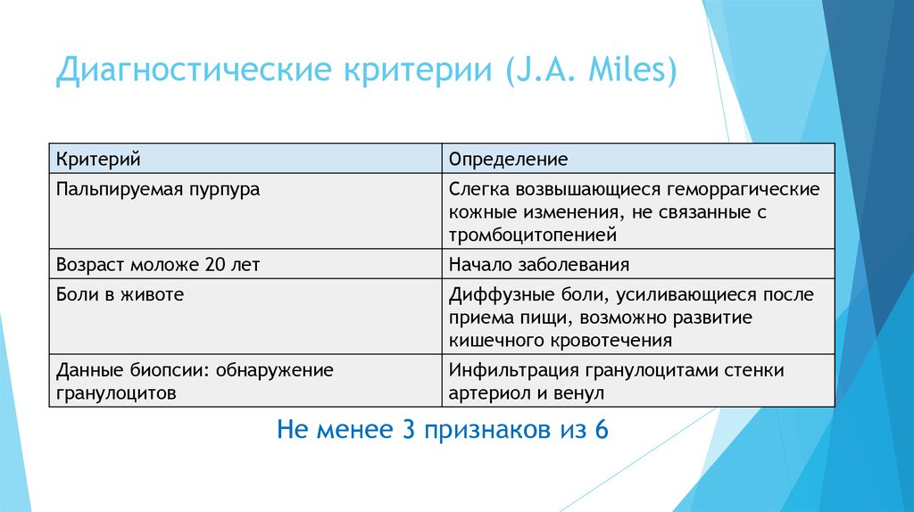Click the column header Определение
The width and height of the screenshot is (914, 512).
(508, 160)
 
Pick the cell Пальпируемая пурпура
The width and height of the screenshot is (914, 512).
(158, 190)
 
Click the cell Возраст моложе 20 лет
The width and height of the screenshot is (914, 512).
(158, 265)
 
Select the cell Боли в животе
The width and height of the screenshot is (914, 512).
(120, 293)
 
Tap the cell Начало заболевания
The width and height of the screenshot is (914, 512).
(539, 265)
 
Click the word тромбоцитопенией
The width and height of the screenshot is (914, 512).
(532, 236)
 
